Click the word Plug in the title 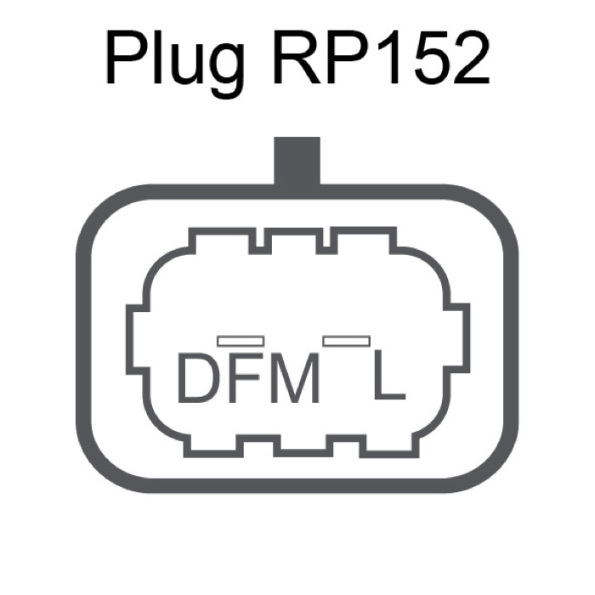tap(174, 60)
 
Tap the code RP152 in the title tap(382, 56)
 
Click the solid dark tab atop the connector tap(297, 161)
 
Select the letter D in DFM tap(198, 377)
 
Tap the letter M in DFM tap(294, 377)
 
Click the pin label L tap(389, 375)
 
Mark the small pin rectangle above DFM tap(241, 341)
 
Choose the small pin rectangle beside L tap(347, 341)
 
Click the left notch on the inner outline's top tap(260, 242)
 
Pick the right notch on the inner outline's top tap(326, 242)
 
